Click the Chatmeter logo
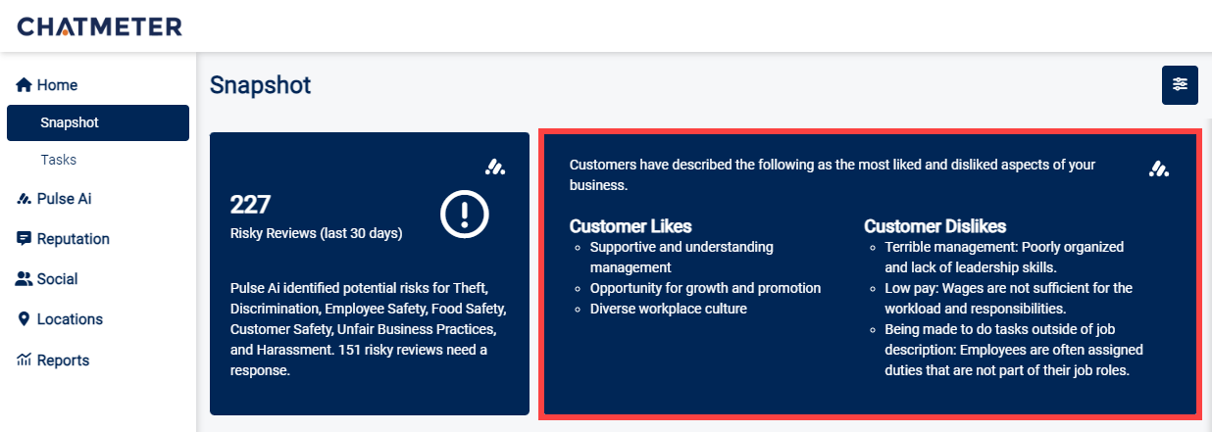pyautogui.click(x=99, y=26)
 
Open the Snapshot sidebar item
pyautogui.click(x=70, y=122)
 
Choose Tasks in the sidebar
pyautogui.click(x=58, y=160)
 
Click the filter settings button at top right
pyautogui.click(x=1180, y=85)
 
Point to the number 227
pyautogui.click(x=250, y=205)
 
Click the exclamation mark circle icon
pyautogui.click(x=465, y=214)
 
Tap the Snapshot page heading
pyautogui.click(x=260, y=85)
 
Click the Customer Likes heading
pyautogui.click(x=631, y=226)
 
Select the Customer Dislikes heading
pyautogui.click(x=934, y=226)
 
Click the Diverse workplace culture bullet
pyautogui.click(x=668, y=309)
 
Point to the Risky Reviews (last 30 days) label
pyautogui.click(x=316, y=233)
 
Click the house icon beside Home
pyautogui.click(x=25, y=85)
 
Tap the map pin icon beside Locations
pyautogui.click(x=25, y=319)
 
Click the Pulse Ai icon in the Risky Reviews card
pyautogui.click(x=495, y=168)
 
